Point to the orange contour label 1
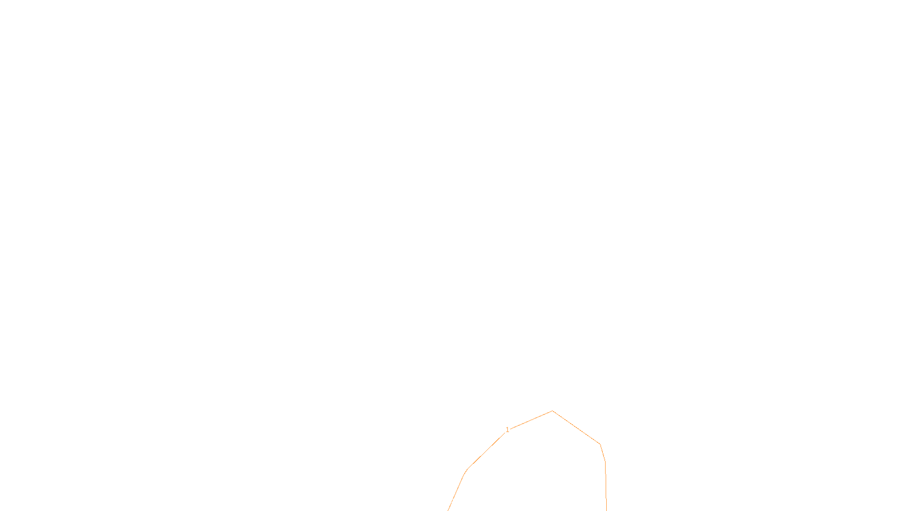tap(507, 430)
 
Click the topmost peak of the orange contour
tap(552, 411)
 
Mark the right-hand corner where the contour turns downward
tap(600, 444)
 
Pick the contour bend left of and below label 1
tap(467, 470)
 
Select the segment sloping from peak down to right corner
tap(576, 428)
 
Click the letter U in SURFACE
tap(447, 502)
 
